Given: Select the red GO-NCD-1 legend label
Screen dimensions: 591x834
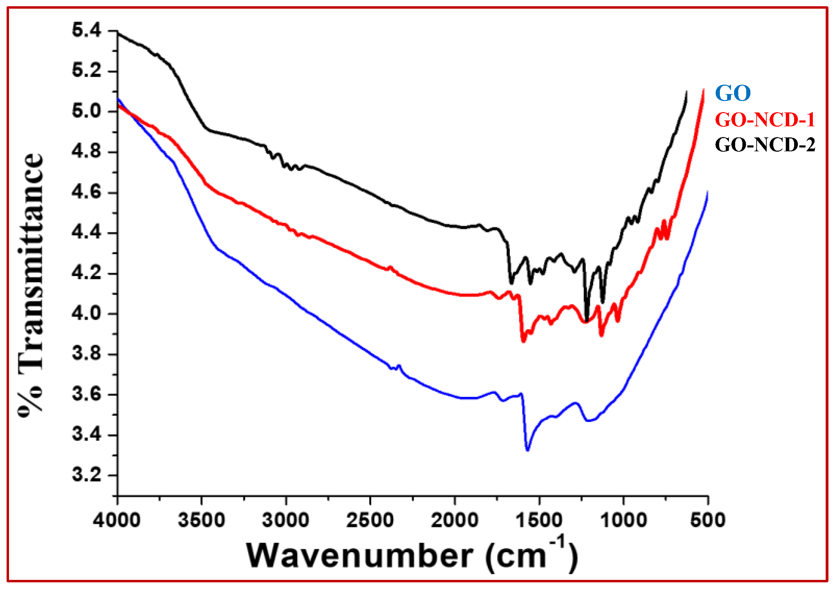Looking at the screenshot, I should click(765, 120).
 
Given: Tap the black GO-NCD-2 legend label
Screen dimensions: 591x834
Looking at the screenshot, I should click(765, 145).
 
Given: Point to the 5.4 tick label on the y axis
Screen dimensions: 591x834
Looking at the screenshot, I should click(87, 30).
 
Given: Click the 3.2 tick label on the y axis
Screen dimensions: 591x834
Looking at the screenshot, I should click(87, 475).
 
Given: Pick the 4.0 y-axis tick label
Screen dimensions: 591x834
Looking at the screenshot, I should click(87, 313).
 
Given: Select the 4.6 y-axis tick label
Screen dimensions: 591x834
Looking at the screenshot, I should click(87, 192).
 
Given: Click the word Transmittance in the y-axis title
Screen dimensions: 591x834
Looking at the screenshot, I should click(31, 262).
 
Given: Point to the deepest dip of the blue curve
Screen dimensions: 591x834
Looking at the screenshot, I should click(527, 450).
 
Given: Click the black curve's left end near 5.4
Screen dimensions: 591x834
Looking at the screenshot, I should click(118, 33).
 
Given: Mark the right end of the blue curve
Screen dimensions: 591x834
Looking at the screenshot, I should click(707, 192).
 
